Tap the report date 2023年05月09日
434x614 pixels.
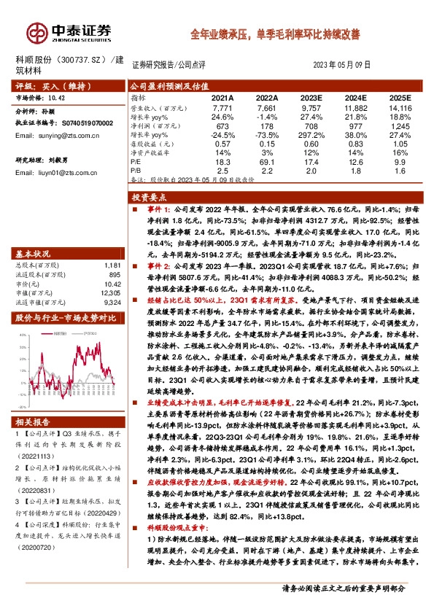point(346,65)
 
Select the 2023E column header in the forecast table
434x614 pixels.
point(309,96)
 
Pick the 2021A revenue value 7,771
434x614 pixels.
point(222,106)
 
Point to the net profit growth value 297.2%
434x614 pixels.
point(309,134)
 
